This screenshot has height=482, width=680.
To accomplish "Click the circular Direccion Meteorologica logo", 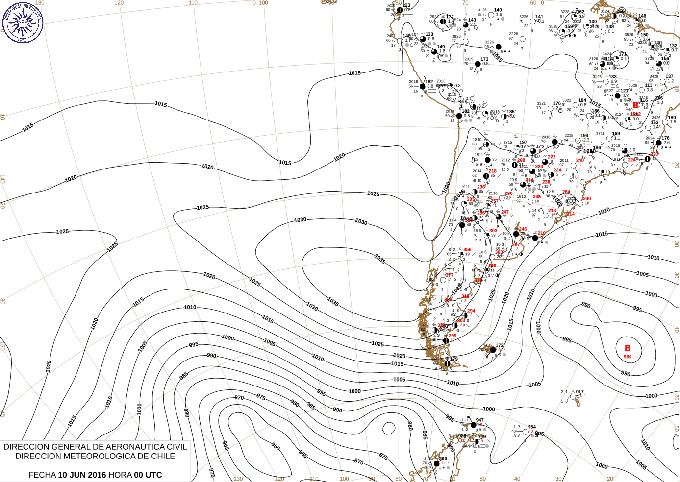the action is [x=23, y=23].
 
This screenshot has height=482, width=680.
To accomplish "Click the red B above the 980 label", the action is [x=627, y=348].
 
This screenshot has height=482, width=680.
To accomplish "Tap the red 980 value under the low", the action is [x=628, y=357].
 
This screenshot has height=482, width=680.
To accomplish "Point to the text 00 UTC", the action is [x=148, y=475].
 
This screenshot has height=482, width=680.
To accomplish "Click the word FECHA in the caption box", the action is [x=42, y=475].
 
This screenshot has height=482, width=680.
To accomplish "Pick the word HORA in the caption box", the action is [x=121, y=475].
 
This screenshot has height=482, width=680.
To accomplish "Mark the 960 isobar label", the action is [x=276, y=447].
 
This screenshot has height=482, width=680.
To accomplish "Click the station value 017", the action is [x=580, y=392].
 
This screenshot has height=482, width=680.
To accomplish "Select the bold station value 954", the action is [x=532, y=427].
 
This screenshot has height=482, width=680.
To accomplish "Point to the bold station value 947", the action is [x=479, y=420].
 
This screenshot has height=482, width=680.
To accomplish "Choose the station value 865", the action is [x=443, y=459].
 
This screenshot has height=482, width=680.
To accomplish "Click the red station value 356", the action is [x=467, y=250].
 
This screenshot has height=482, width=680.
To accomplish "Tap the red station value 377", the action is [x=449, y=275].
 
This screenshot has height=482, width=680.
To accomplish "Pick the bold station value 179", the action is [x=454, y=359].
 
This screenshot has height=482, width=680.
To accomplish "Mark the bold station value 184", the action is [x=582, y=100].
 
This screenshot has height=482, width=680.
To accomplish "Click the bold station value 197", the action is [x=523, y=143].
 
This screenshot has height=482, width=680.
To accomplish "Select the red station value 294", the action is [x=471, y=311].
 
